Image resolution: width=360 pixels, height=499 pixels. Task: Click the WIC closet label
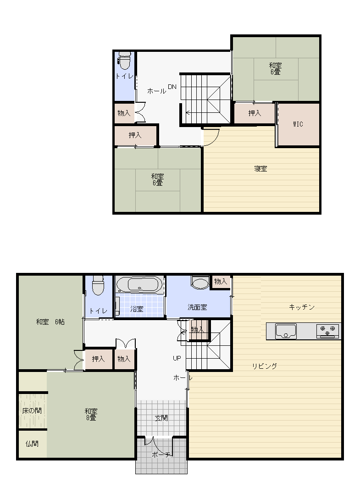coord(298,124)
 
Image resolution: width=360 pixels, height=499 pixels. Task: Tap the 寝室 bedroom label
coord(260,169)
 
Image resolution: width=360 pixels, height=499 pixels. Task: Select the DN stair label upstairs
coord(172,87)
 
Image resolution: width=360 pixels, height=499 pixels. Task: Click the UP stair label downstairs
coord(177,358)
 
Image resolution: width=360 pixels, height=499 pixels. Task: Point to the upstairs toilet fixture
coord(124,61)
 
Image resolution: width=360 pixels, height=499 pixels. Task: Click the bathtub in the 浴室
coord(139,284)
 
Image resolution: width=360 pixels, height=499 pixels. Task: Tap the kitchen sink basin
coord(286,331)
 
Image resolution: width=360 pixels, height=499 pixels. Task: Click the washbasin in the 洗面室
coord(200,282)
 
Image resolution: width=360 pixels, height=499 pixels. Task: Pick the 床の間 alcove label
coord(32,410)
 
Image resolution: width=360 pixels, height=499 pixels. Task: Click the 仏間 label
coord(32,444)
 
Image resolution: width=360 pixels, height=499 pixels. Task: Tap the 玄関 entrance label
coord(161,418)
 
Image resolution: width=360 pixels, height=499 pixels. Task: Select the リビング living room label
coord(265,366)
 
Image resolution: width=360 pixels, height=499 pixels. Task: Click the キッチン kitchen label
coord(302,307)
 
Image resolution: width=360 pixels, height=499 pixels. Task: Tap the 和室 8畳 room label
coord(91,414)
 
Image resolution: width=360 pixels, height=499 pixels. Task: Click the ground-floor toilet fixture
coord(98,285)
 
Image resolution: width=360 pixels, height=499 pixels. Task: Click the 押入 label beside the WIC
coord(255,113)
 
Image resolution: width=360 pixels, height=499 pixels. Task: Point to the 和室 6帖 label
coord(50,322)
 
